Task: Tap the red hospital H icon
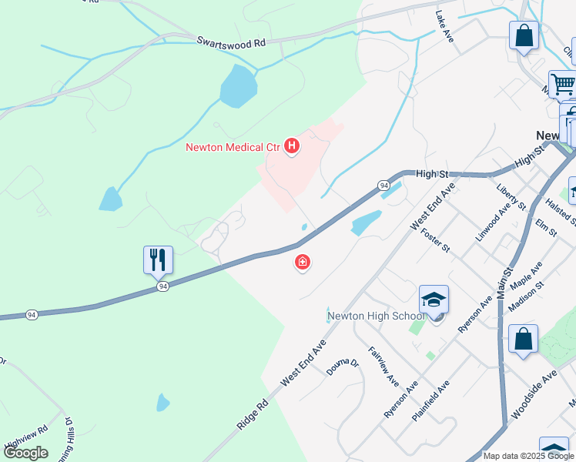(x=292, y=146)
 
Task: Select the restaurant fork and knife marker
(x=158, y=259)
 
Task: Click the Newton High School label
(x=376, y=316)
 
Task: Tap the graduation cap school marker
(x=434, y=300)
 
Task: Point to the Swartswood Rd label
(x=231, y=42)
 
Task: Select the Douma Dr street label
(x=342, y=366)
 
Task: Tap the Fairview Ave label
(x=383, y=366)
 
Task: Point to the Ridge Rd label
(x=253, y=414)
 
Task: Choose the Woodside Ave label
(x=533, y=394)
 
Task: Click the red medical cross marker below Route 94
(x=303, y=263)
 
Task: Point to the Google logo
(x=25, y=453)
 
